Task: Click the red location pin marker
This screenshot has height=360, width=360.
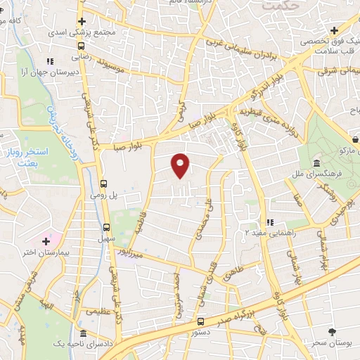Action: pyautogui.click(x=181, y=165)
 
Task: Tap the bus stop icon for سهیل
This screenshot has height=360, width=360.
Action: pyautogui.click(x=106, y=226)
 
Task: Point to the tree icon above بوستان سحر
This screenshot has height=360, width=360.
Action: pyautogui.click(x=332, y=330)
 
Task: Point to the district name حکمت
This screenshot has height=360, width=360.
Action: pyautogui.click(x=282, y=5)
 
